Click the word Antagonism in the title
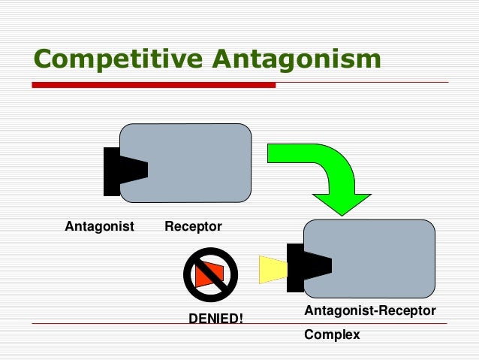tap(293, 59)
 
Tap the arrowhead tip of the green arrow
tap(342, 214)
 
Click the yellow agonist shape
tap(272, 269)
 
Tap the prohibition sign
tap(210, 275)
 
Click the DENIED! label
tap(215, 319)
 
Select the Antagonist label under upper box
tap(99, 225)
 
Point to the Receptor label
tap(193, 225)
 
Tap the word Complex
tap(332, 334)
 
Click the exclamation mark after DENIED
tap(241, 319)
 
